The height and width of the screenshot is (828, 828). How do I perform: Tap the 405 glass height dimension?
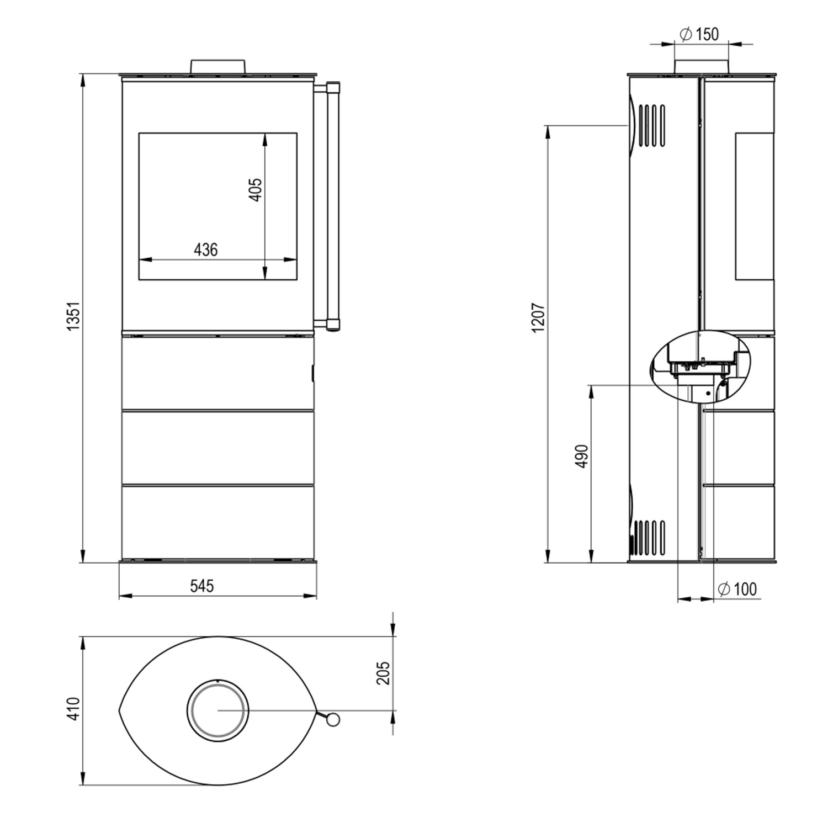pos(256,189)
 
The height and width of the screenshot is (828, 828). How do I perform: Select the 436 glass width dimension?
pos(206,250)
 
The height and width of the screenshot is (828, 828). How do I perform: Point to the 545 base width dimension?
pos(202,586)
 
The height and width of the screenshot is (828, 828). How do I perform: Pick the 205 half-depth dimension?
pos(383,673)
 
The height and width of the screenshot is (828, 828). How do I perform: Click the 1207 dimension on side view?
pos(539,317)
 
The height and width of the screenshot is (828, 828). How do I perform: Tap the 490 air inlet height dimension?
pos(582,456)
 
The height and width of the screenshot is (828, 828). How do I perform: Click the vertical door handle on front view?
pos(333,205)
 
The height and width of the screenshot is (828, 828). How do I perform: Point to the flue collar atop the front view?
pos(218,66)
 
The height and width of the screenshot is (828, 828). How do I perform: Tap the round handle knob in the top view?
pos(332,719)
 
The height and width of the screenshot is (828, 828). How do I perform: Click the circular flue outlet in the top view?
pos(217,710)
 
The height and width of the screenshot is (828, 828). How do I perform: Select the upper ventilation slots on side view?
pos(652,125)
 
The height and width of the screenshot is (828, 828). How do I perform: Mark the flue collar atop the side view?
pos(700,65)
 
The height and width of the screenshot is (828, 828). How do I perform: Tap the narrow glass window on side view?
pos(753,205)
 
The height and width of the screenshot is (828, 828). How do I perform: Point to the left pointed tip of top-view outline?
pos(120,710)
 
